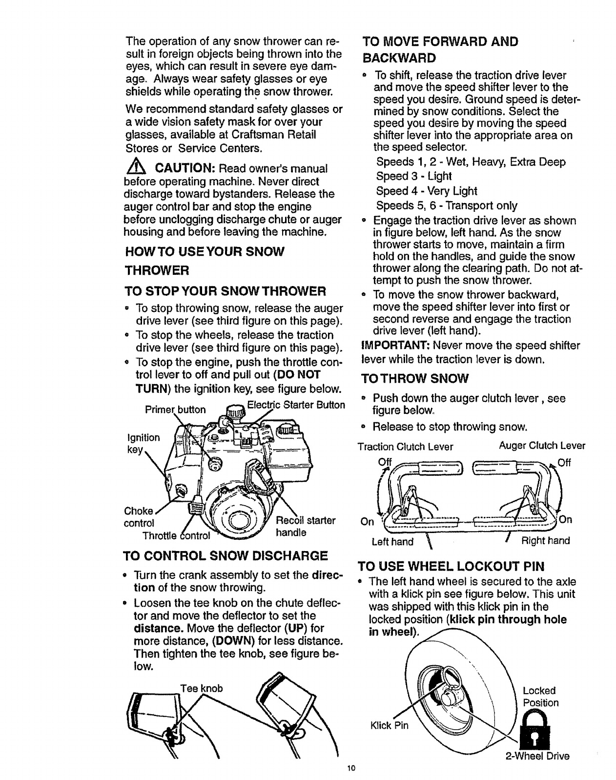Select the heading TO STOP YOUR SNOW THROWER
225,291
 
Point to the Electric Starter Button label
296,405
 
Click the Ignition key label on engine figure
143,444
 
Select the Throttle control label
175,536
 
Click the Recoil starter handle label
306,526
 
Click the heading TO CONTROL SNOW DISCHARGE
226,555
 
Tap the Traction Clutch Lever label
405,447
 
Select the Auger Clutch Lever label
542,446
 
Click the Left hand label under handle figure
392,541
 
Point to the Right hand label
546,541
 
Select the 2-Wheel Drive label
537,757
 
